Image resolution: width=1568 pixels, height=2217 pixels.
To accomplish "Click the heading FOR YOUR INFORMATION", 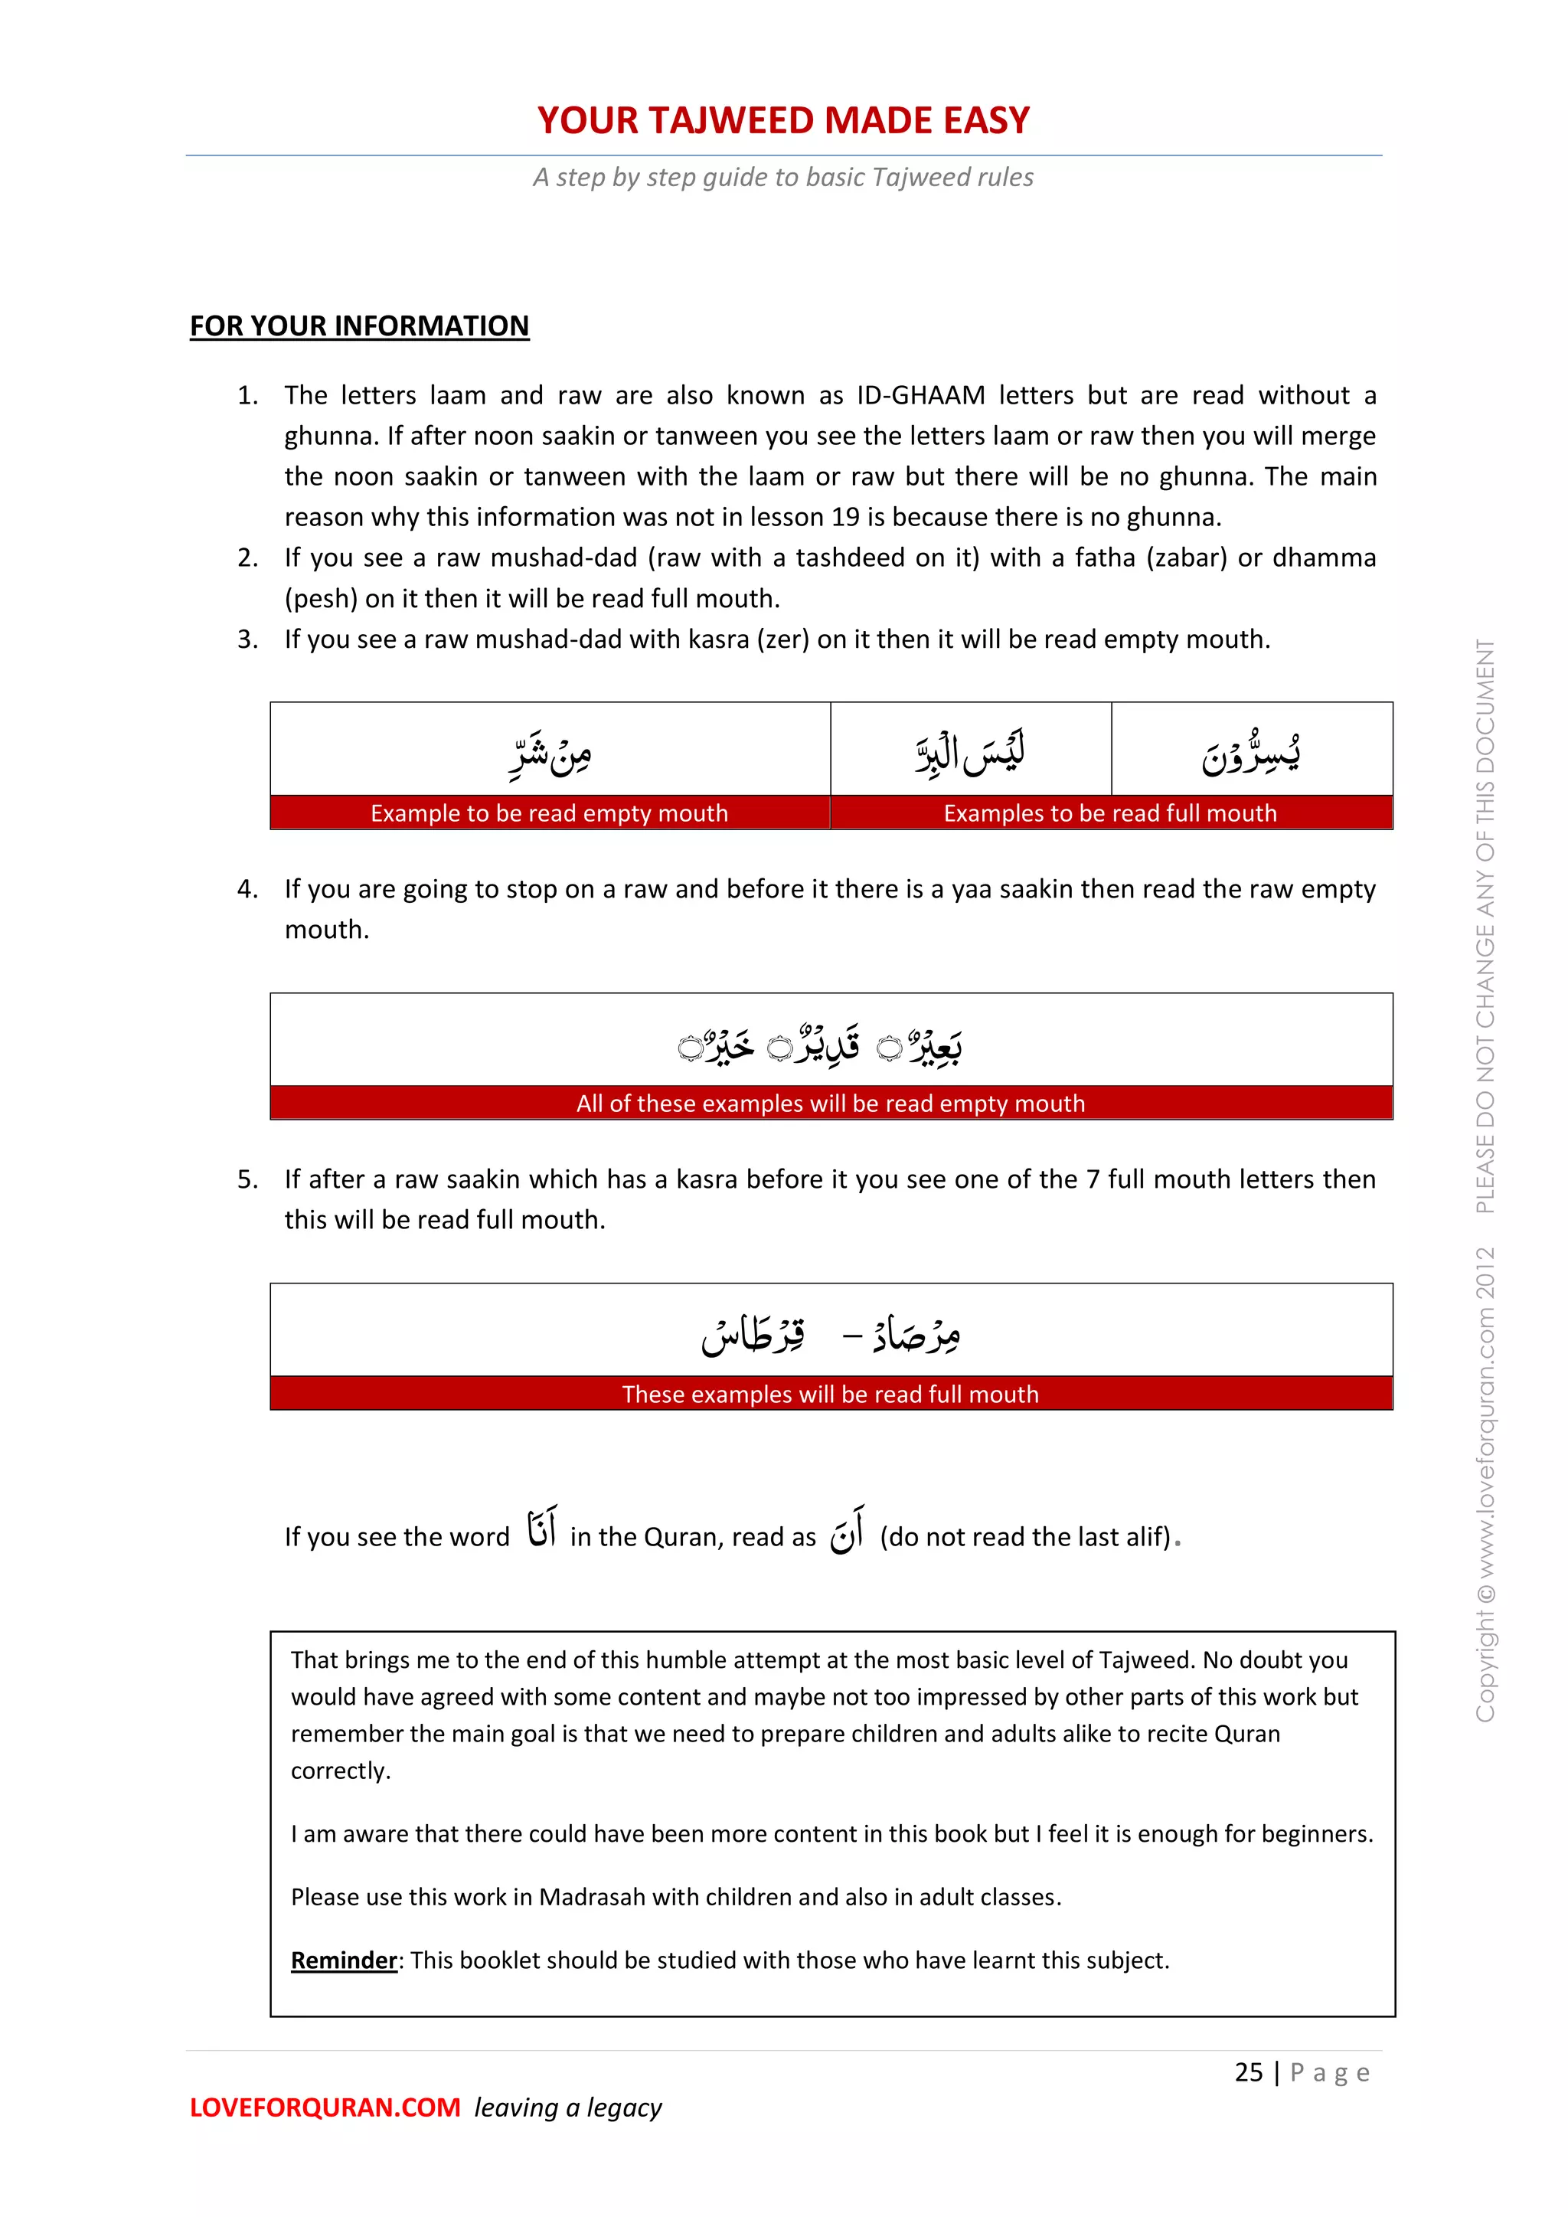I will coord(359,326).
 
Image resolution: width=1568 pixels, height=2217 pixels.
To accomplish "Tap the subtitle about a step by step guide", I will coord(783,178).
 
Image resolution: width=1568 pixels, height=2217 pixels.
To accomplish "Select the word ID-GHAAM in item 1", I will coord(920,396).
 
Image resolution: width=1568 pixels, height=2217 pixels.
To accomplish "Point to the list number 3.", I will coord(247,640).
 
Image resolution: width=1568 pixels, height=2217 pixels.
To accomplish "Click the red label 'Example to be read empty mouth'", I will coord(550,813).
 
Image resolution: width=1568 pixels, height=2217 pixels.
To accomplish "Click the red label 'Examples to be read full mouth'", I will coord(1110,813).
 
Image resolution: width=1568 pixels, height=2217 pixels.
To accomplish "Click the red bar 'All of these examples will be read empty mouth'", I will coord(831,1104).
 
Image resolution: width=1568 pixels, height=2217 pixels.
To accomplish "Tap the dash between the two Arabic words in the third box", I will coord(851,1336).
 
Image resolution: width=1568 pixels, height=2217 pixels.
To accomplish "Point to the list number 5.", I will coord(247,1180).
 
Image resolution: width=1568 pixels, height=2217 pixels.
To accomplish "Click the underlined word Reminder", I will coord(344,1960).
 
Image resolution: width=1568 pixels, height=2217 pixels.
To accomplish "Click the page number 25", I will coord(1249,2072).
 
